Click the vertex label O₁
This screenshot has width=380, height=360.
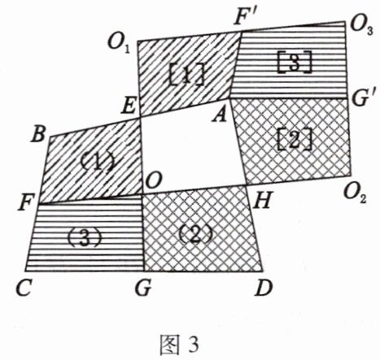(x=119, y=44)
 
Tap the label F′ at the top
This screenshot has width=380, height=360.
(x=245, y=19)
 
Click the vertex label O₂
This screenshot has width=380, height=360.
(x=355, y=194)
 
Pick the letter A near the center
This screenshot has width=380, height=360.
(x=220, y=115)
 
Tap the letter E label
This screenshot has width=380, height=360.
(x=128, y=106)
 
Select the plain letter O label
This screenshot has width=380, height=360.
(x=154, y=180)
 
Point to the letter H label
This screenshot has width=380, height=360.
(x=261, y=201)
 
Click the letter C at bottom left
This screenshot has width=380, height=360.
(x=23, y=288)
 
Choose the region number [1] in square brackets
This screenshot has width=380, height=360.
(x=186, y=75)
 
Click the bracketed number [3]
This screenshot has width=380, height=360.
(x=294, y=62)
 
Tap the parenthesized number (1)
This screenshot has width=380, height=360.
(x=98, y=162)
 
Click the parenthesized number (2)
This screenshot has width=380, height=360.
(x=195, y=234)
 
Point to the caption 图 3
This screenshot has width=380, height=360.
(x=179, y=344)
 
